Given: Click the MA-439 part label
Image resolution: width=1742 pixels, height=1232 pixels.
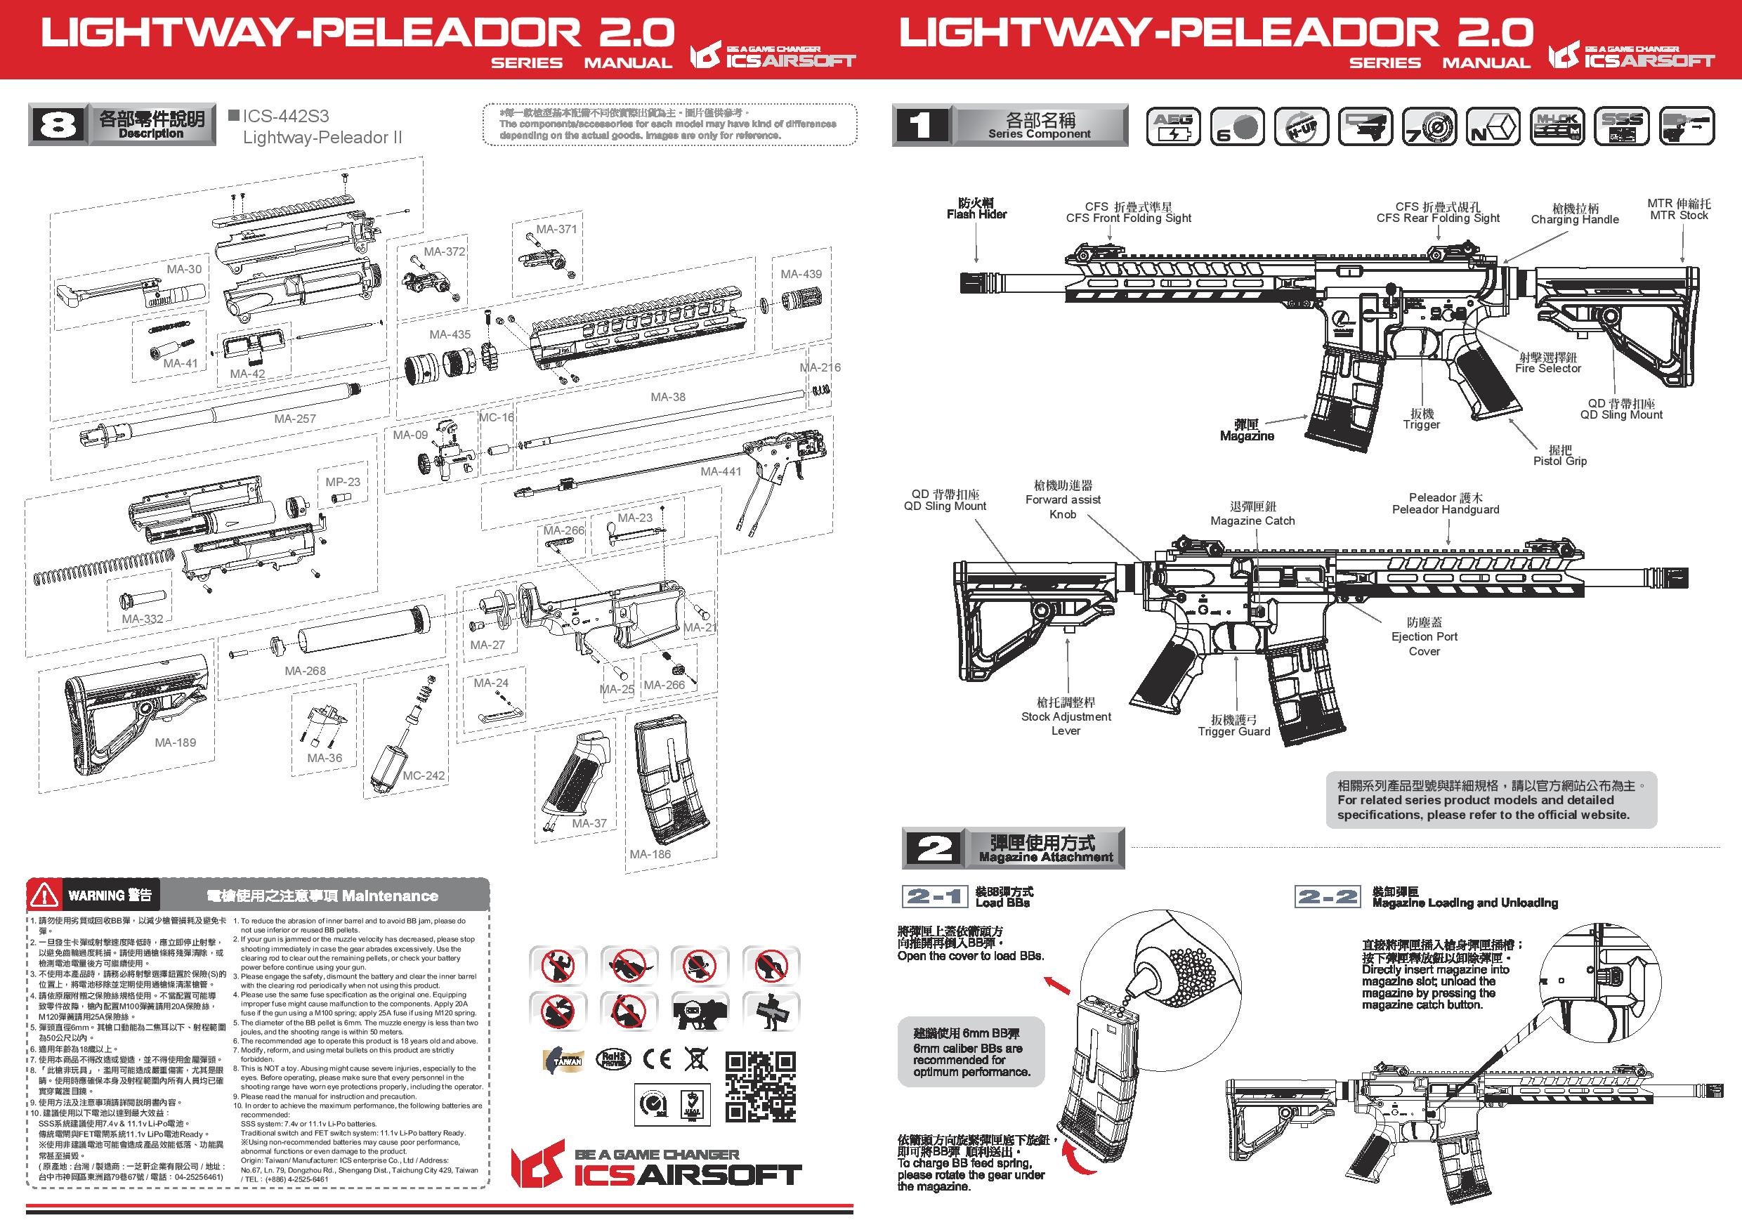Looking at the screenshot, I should (801, 274).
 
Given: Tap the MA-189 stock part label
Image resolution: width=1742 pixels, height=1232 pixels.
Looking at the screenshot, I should (176, 742).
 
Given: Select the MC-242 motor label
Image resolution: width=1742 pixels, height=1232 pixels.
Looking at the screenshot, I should (424, 775).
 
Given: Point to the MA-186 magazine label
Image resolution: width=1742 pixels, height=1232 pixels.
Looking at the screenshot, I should (650, 854).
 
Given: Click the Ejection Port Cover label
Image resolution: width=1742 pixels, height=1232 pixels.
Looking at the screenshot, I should (1424, 636).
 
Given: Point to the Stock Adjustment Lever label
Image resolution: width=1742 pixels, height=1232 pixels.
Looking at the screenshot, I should (1066, 716).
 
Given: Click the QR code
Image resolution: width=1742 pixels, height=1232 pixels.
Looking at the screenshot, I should (759, 1087).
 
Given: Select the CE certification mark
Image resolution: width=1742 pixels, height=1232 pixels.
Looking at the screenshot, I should (657, 1059).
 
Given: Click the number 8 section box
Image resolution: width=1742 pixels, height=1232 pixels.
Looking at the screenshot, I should (58, 125).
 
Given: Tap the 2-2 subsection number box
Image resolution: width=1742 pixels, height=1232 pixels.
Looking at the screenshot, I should (1326, 897).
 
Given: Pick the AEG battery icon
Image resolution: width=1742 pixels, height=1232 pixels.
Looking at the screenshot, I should (1173, 126).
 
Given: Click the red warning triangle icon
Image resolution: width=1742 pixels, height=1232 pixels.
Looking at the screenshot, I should (45, 896).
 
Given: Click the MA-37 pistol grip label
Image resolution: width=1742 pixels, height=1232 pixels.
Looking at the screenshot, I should (589, 823).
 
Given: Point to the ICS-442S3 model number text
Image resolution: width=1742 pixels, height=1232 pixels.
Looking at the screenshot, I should (285, 116).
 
